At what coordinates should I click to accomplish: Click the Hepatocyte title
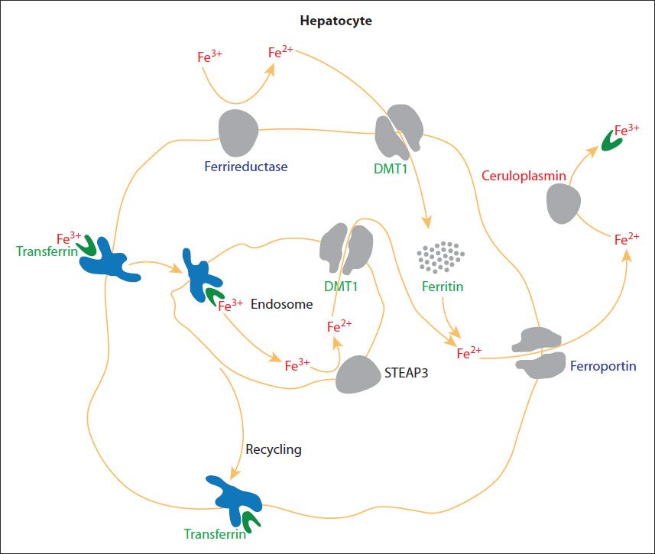336,21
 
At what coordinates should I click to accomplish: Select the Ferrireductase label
245,167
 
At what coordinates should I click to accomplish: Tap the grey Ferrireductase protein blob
238,133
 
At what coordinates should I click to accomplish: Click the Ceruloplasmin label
524,176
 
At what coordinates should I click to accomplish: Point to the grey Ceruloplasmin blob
563,204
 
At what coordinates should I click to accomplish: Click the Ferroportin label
603,366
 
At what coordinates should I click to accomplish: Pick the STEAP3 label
406,373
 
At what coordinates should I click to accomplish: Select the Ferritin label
443,287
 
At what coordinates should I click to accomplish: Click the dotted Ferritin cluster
441,257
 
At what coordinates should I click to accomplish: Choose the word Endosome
281,304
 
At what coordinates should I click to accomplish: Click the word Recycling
274,449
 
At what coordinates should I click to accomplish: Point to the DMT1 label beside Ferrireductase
390,169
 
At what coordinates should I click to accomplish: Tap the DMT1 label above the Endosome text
341,287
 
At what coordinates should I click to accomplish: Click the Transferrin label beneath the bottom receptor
215,534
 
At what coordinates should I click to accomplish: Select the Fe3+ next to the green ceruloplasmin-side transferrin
627,130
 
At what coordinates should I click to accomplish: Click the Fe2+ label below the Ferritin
469,353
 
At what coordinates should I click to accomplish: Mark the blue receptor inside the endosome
201,275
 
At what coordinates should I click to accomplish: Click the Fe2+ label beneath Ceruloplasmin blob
627,239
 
